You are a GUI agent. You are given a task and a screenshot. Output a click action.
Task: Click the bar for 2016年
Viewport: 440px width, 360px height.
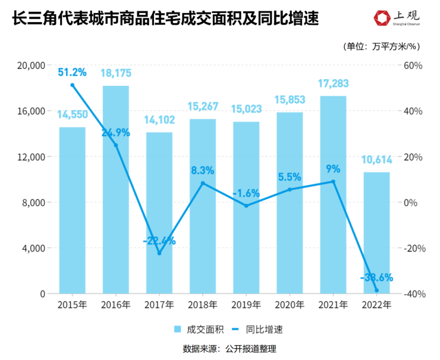[115, 196]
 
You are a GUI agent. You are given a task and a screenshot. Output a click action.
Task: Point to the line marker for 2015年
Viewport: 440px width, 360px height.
[73, 85]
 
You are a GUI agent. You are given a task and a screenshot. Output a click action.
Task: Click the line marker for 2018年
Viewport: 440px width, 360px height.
[203, 183]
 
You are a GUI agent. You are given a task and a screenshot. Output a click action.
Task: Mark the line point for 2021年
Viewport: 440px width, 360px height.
[333, 181]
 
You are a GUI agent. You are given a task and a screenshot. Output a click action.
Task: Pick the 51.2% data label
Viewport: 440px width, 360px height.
[73, 73]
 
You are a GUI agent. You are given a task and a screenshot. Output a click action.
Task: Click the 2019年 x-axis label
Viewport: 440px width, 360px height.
[246, 305]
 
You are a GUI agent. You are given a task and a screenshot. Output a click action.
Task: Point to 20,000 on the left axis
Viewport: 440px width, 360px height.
[33, 65]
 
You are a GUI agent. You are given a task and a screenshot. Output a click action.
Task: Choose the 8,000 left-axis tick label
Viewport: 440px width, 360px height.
[36, 202]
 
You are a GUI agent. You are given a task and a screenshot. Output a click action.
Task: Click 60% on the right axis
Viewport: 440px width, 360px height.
[413, 65]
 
